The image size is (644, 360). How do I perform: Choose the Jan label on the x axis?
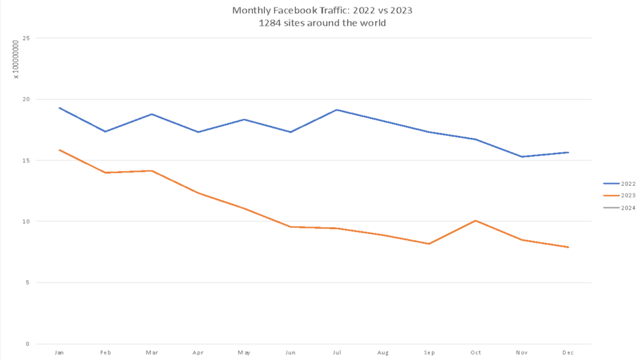click(59, 353)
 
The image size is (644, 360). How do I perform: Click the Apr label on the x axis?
click(198, 353)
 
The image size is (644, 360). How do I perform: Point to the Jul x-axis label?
click(337, 353)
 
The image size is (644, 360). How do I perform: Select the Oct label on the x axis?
click(475, 353)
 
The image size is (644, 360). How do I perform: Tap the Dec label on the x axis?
click(568, 353)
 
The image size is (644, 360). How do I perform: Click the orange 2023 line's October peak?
click(475, 220)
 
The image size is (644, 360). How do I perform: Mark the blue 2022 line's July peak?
click(337, 110)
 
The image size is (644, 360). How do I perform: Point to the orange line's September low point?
click(429, 244)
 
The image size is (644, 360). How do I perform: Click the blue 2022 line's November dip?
click(522, 157)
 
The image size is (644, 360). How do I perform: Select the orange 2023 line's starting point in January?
click(59, 150)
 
